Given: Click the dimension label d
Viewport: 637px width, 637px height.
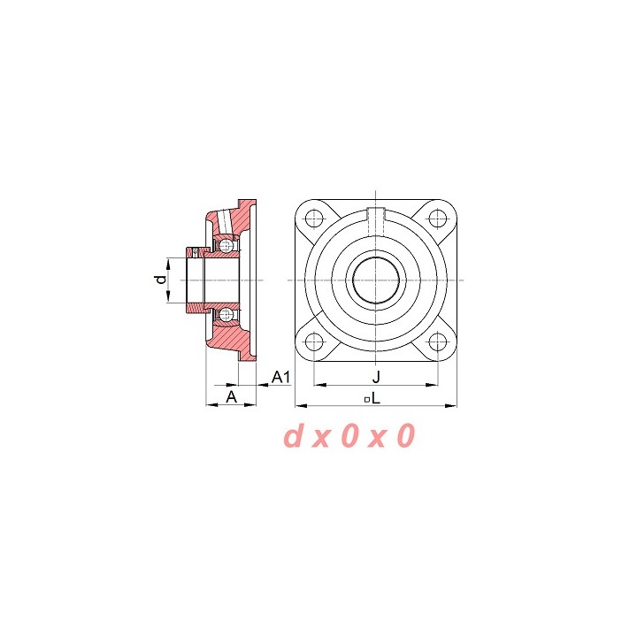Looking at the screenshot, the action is coord(162,280).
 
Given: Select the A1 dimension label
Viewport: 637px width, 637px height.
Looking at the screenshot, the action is coord(280,377).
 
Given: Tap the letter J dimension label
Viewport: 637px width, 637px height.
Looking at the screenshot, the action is coord(376,377).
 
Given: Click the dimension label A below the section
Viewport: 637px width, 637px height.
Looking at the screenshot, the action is coord(231,396).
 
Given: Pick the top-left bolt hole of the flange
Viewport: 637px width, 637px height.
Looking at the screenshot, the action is coord(314,219).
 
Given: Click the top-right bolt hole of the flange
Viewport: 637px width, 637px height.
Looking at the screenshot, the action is coord(438,219).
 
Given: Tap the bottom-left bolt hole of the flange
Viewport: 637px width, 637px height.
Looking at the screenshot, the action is coord(314,342).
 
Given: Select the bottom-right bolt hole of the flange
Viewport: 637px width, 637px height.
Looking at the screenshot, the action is coord(438,342).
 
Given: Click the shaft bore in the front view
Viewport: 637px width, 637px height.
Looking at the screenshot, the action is coord(376,280).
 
